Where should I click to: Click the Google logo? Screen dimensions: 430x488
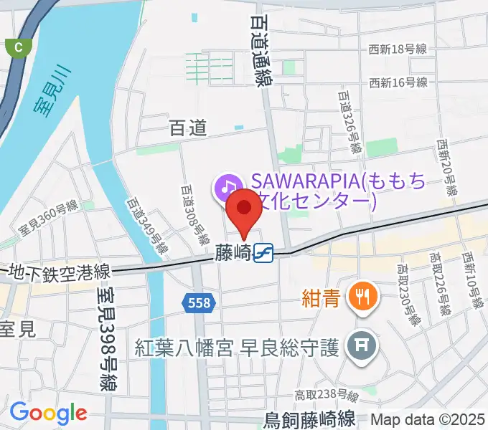(48, 413)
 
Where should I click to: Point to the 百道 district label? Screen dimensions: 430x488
(188, 128)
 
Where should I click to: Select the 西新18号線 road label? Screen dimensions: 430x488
(398, 49)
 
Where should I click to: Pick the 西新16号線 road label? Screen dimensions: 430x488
(398, 82)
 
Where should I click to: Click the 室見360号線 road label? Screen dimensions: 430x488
(48, 219)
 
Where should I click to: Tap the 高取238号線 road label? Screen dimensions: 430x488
(327, 395)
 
